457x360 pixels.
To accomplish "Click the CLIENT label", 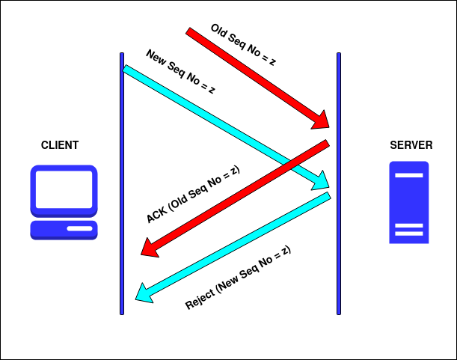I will (60, 145).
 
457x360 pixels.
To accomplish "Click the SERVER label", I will (411, 145).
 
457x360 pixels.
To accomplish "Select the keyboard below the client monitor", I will (64, 228).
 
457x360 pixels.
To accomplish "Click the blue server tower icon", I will (409, 202).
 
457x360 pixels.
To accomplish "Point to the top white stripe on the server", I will (409, 176).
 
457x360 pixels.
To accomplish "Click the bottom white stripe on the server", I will (409, 234).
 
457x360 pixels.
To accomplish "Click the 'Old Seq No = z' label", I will (243, 45).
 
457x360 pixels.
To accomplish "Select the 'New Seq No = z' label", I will (180, 72).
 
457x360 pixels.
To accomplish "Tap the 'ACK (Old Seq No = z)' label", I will (193, 194).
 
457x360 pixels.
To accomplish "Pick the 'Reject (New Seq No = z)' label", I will (237, 277).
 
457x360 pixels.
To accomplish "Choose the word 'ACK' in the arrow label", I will (157, 214).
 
